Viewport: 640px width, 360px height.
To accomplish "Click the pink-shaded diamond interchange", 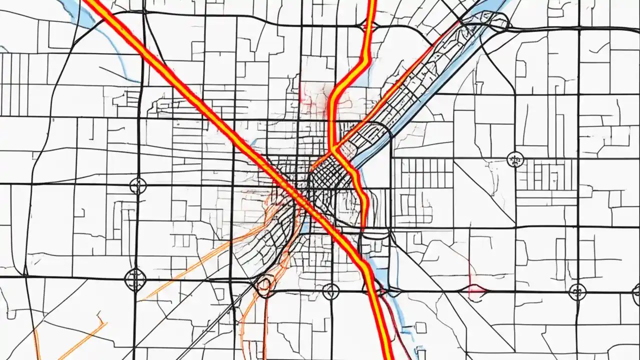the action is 476,288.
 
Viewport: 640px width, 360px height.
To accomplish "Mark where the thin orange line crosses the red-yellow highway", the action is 333,149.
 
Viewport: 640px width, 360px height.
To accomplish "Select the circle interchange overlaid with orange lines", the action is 263,285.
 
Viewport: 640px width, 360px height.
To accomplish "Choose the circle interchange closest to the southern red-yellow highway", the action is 330,291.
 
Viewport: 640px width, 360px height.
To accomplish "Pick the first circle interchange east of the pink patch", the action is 577,291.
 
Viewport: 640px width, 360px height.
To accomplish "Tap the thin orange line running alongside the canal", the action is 395,85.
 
